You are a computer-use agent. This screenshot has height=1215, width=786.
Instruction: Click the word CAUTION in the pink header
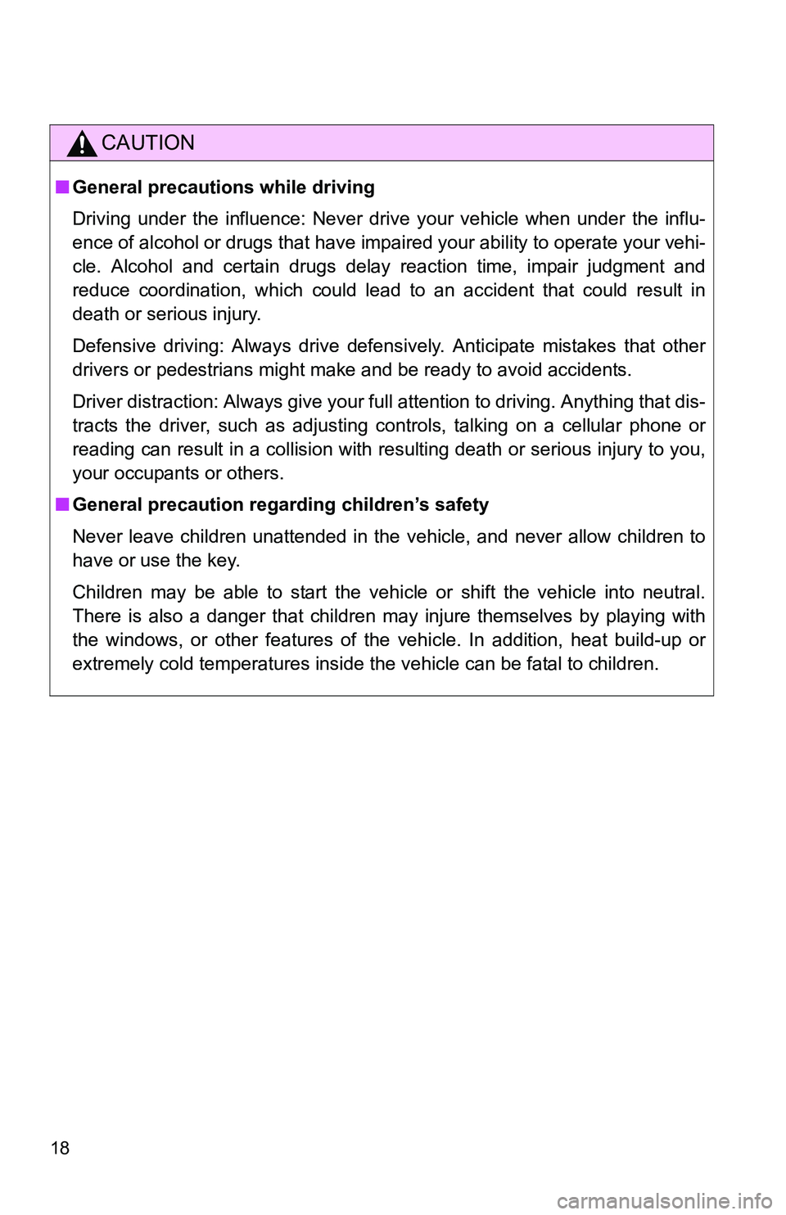pos(148,143)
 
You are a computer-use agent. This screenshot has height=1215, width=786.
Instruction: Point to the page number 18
pos(60,1147)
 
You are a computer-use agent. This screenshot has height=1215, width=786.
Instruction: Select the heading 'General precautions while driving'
pos(224,187)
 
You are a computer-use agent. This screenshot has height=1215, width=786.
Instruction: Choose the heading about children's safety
pos(281,505)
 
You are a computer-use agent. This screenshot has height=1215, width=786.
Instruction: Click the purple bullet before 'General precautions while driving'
pos(62,187)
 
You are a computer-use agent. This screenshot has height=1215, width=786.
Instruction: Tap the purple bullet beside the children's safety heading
pos(62,505)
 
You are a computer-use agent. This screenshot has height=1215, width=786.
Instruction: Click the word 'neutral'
pos(674,593)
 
